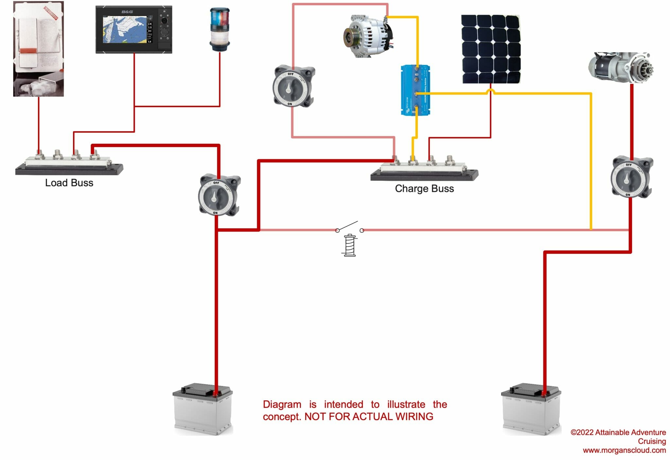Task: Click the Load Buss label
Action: click(69, 183)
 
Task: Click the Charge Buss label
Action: click(424, 189)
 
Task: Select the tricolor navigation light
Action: click(220, 29)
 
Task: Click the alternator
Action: click(368, 36)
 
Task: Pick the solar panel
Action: click(490, 49)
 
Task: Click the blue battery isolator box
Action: click(415, 90)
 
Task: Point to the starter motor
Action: click(620, 67)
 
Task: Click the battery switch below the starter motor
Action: click(631, 178)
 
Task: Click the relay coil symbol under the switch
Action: click(350, 246)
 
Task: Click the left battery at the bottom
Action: click(203, 409)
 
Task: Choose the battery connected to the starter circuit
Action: click(531, 409)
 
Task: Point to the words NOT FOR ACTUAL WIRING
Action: click(369, 417)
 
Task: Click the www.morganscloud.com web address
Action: click(624, 451)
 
